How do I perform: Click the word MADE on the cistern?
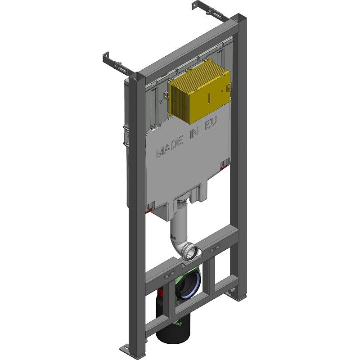click(x=170, y=146)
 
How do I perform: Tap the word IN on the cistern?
click(x=194, y=134)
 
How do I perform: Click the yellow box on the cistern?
click(x=199, y=91)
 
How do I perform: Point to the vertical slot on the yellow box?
click(x=209, y=98)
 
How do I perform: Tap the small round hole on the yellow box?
click(x=222, y=91)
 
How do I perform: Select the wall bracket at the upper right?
click(x=211, y=11)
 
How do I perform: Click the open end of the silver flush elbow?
click(x=191, y=253)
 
